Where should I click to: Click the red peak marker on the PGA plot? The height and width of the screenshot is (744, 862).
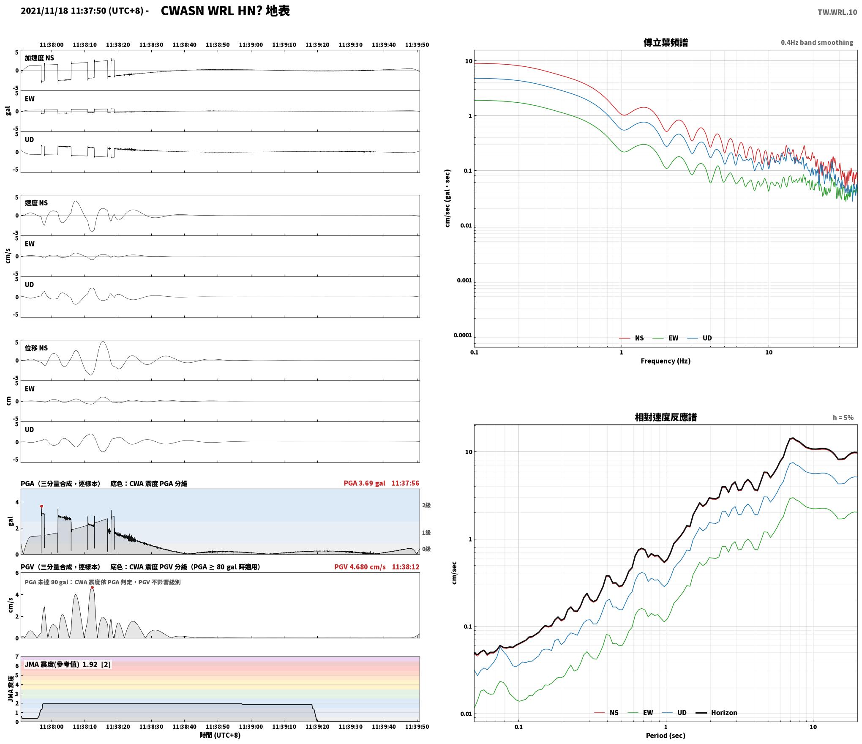pos(41,506)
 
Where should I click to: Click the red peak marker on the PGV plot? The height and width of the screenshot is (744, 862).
pos(92,587)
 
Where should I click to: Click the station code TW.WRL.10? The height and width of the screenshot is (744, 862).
pos(837,12)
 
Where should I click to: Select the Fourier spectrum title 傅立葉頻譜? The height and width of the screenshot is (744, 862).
pos(666,43)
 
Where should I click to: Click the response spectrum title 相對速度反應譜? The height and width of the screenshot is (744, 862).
pos(666,417)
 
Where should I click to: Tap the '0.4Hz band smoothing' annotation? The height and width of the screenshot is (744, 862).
pos(817,43)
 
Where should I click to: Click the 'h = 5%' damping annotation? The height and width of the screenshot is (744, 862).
pos(843,418)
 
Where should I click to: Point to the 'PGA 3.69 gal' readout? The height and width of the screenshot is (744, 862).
pos(364,483)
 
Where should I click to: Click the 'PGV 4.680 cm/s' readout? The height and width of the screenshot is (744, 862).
pos(360,567)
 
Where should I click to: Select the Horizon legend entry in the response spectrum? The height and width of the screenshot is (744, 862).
pos(716,713)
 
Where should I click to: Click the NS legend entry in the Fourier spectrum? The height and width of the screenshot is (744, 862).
pos(631,338)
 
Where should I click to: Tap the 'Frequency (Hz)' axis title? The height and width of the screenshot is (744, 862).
pos(666,361)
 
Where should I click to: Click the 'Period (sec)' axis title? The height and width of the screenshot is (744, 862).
pos(666,736)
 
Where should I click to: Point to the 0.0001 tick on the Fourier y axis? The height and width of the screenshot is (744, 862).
pos(462,335)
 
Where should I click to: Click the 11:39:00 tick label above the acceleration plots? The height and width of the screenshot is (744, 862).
pos(251,45)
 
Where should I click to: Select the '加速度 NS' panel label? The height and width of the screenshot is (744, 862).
pos(39,58)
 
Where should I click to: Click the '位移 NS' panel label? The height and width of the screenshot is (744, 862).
pos(36,348)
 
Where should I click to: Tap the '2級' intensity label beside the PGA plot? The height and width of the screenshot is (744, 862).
pos(426,505)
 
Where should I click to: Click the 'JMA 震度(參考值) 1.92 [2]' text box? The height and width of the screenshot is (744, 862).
pos(68,665)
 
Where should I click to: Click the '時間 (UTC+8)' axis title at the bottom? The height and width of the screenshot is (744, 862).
pos(220,735)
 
